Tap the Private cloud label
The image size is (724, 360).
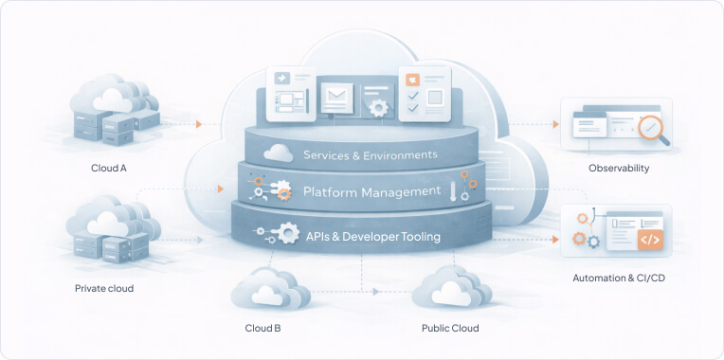pyautogui.click(x=104, y=288)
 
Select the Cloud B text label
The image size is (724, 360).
pyautogui.click(x=263, y=328)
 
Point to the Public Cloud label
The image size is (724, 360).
pyautogui.click(x=450, y=328)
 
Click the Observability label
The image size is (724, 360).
pyautogui.click(x=619, y=168)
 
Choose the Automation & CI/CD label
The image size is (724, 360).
pyautogui.click(x=617, y=279)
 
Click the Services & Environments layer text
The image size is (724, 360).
pyautogui.click(x=371, y=154)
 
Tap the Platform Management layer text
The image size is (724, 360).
pyautogui.click(x=372, y=191)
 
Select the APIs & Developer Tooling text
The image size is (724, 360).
pyautogui.click(x=373, y=236)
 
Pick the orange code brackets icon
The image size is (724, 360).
pyautogui.click(x=650, y=240)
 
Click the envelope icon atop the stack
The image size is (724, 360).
pyautogui.click(x=335, y=96)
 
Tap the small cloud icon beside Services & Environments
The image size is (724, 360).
pyautogui.click(x=278, y=153)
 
